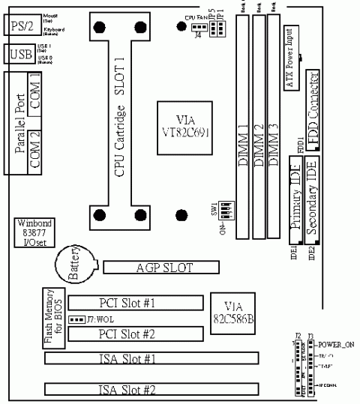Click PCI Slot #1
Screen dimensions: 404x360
(136, 303)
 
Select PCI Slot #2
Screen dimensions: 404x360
(136, 334)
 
